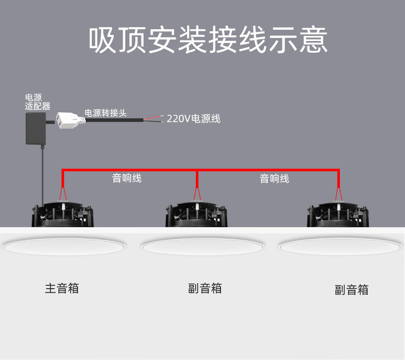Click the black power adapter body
35,129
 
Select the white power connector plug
70,120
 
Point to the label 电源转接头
105,113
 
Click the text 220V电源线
193,119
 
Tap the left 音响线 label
127,178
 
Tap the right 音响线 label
274,178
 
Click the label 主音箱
62,288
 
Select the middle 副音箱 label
205,288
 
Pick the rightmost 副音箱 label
352,290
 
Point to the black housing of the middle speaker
196,215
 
